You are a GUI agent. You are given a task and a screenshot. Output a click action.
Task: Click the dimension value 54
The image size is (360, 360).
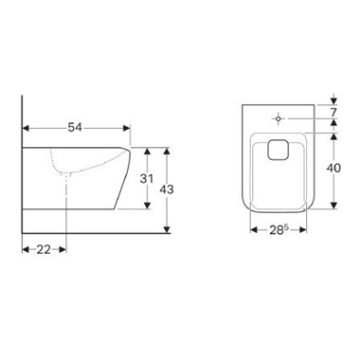[75, 128]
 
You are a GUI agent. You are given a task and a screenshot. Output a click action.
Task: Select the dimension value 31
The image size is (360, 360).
[147, 179]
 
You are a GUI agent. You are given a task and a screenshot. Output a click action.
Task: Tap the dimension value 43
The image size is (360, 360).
[167, 189]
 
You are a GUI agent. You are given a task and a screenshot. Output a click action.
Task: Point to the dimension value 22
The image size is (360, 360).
[44, 249]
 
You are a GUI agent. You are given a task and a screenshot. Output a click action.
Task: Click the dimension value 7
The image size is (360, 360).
[334, 112]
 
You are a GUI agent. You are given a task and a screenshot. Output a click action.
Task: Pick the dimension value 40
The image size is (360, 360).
[333, 168]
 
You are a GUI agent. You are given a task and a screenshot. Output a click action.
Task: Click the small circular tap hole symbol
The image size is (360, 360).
[279, 118]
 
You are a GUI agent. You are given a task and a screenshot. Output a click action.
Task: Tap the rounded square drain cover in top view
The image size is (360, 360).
[278, 150]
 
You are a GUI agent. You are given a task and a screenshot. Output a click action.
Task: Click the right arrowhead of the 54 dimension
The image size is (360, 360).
[127, 128]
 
